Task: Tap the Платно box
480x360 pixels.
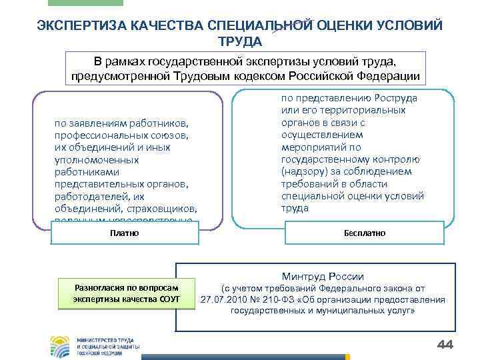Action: point(125,233)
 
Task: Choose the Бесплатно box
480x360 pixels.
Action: point(365,233)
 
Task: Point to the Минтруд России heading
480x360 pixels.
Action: point(323,276)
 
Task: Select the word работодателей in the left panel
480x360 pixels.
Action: point(87,197)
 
